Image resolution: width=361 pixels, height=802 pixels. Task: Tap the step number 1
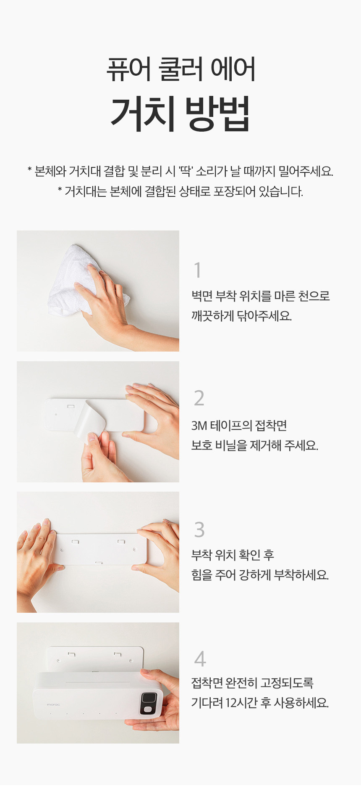point(198,270)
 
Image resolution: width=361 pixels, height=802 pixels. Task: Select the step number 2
point(199,398)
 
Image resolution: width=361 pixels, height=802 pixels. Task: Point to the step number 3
point(199,529)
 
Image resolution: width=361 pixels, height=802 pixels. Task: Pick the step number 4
point(200,659)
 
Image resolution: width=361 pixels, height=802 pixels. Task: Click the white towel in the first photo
point(82,280)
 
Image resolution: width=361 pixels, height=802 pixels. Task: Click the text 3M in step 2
point(199,426)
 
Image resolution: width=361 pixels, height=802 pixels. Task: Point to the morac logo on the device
point(53,704)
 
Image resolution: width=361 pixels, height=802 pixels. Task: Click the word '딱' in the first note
point(185,171)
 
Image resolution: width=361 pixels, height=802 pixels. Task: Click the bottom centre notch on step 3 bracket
point(99,562)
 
